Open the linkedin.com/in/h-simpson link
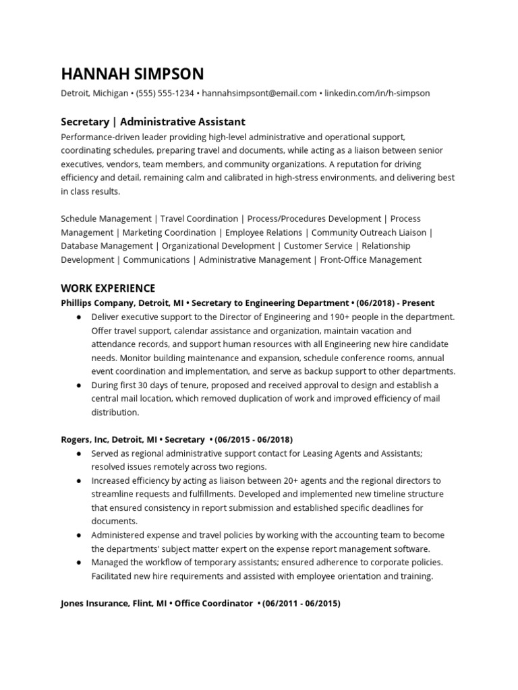pos(377,93)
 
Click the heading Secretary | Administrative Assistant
pos(153,122)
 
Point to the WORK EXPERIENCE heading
pos(108,288)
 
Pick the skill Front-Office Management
pos(370,259)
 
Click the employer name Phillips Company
pos(97,303)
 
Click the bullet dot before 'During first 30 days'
pos(80,385)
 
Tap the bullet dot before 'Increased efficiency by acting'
pos(80,480)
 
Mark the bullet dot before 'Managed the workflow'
pos(80,563)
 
